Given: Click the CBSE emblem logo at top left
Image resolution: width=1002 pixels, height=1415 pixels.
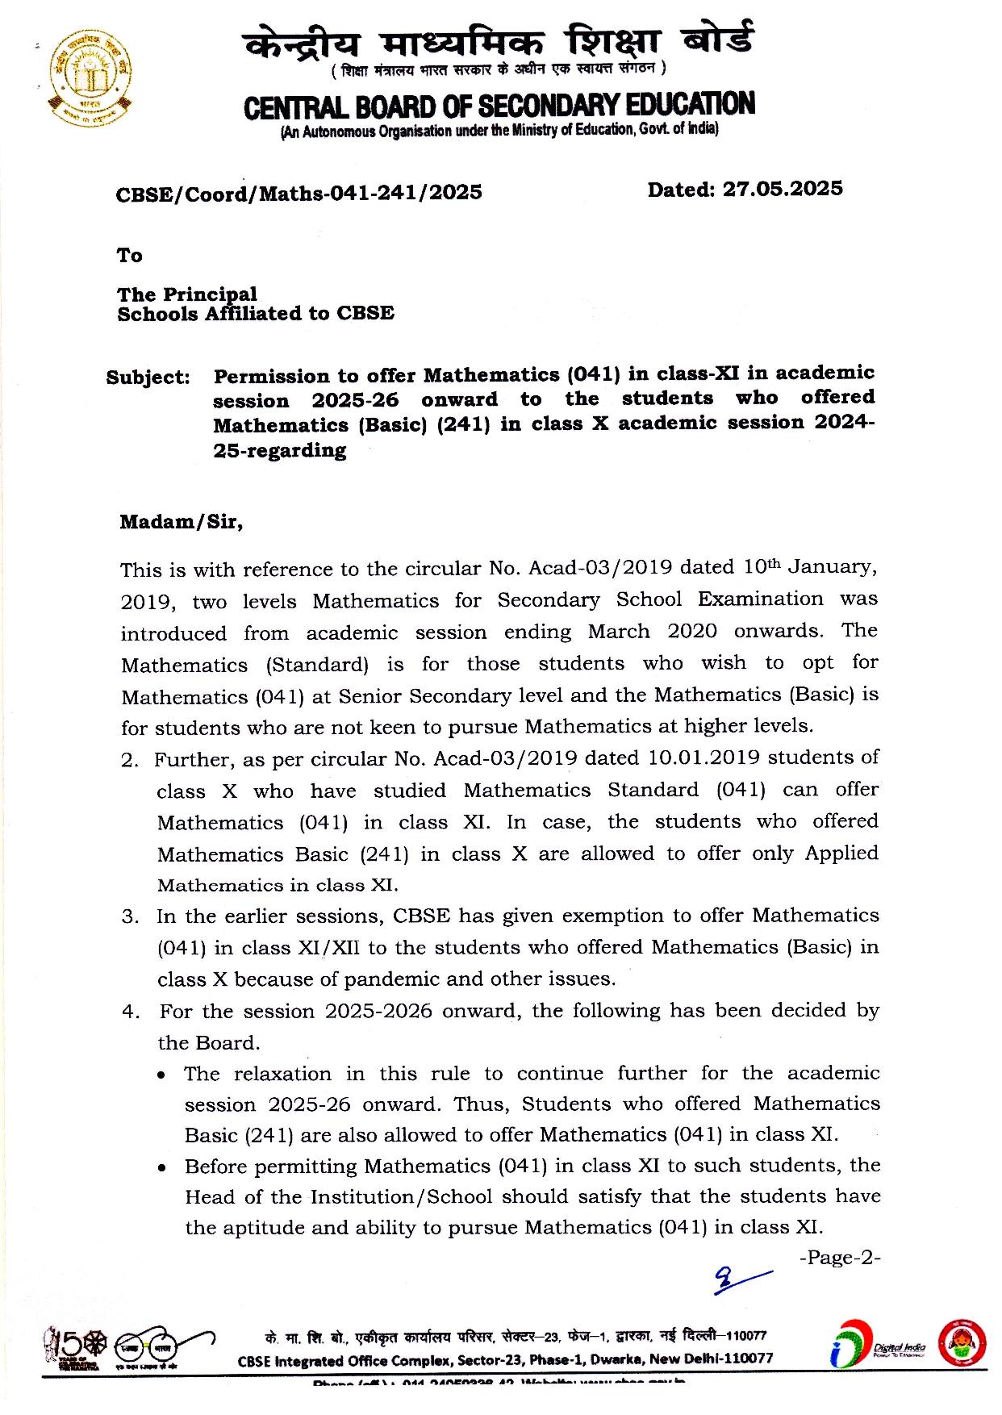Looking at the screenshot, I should click(x=90, y=79).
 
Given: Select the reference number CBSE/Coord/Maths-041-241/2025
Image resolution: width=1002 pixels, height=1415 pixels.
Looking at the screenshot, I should click(x=299, y=193).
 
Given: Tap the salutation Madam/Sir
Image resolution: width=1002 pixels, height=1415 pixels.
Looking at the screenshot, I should click(x=181, y=522).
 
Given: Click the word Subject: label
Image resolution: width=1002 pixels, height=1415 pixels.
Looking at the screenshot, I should click(x=148, y=378).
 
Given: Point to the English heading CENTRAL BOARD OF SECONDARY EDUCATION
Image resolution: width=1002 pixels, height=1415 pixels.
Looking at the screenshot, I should click(x=499, y=106).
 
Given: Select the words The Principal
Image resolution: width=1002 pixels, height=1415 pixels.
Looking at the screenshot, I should click(x=187, y=294).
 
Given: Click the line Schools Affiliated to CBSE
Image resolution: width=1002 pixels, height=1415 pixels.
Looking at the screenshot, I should click(x=256, y=314).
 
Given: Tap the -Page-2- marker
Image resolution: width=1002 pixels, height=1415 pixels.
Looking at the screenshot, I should click(x=839, y=1258).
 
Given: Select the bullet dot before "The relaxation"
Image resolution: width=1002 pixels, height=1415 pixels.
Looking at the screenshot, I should click(x=163, y=1075).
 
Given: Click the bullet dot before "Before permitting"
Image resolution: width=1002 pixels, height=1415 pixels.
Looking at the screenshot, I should click(x=163, y=1167).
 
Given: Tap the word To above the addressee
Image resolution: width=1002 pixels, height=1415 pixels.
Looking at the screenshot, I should click(x=129, y=256).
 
